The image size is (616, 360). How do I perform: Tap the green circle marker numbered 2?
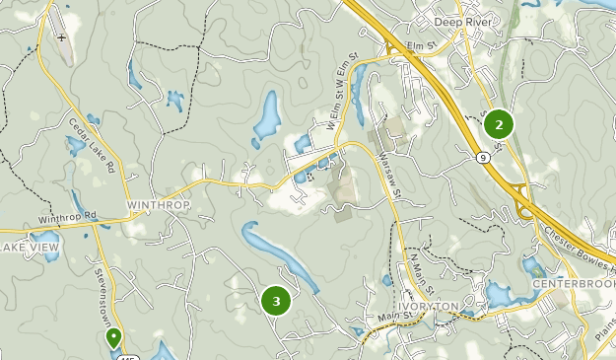[499, 124]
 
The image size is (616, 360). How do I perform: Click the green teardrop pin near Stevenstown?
[114, 337]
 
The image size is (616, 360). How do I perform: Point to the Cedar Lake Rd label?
[93, 147]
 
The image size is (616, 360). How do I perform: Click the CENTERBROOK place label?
[572, 284]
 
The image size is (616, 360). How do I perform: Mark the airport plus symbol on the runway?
[62, 37]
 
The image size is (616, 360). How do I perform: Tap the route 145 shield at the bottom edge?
[127, 355]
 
